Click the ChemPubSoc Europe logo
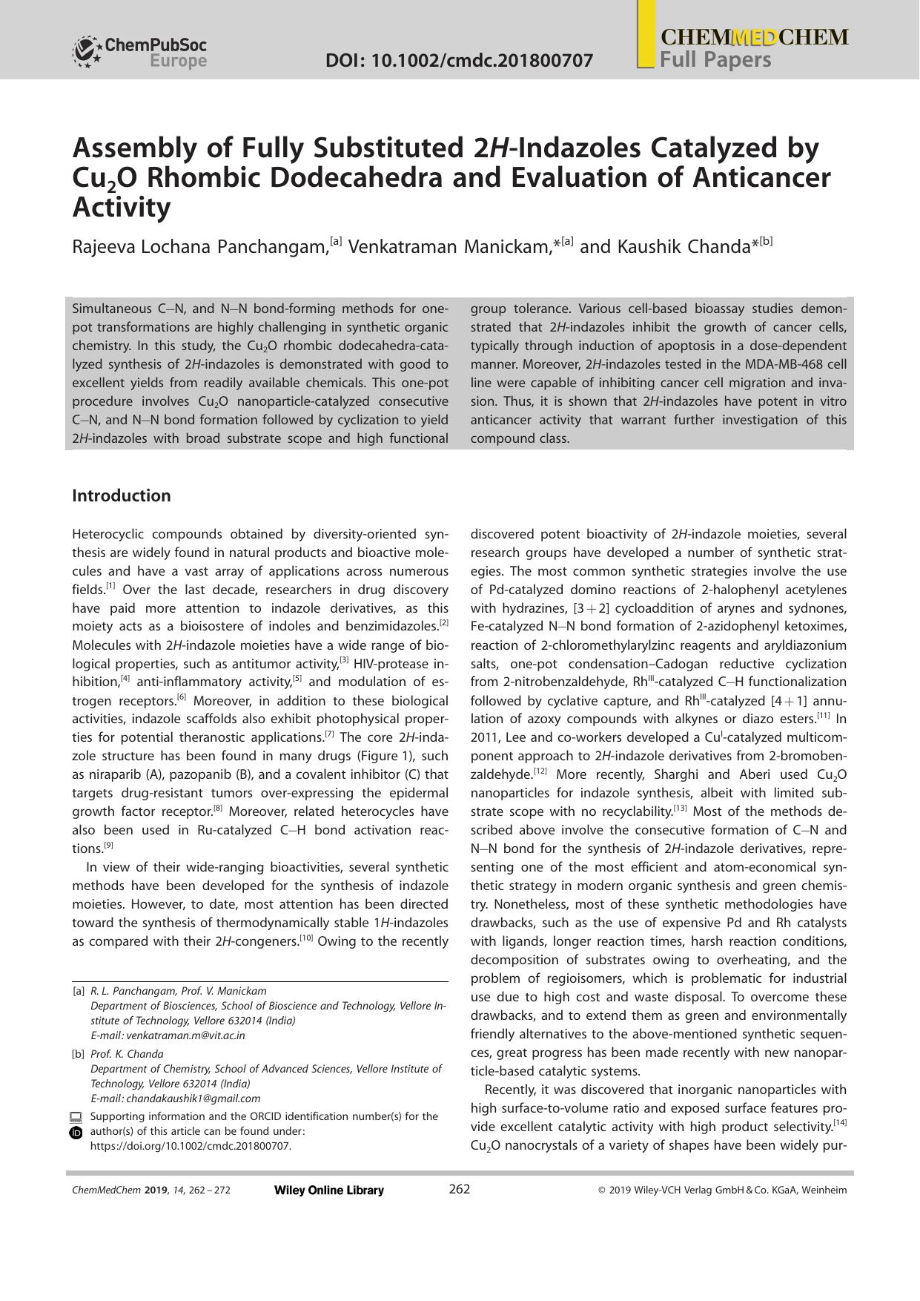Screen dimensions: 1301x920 (x=139, y=52)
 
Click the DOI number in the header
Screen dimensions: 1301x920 (x=459, y=61)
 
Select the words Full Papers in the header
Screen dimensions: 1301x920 (x=715, y=60)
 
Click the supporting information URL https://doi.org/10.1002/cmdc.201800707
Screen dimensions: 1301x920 (x=191, y=1146)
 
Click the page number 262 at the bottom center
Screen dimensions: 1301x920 (x=460, y=1189)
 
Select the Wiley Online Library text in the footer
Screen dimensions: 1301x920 (x=328, y=1190)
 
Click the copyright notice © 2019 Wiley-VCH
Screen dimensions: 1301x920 (x=721, y=1190)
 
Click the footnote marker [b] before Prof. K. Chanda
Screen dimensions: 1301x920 (x=78, y=1054)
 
